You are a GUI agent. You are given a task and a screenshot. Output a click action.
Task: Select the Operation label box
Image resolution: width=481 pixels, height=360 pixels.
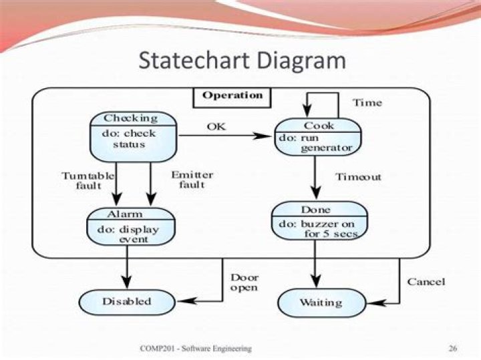[x=232, y=96]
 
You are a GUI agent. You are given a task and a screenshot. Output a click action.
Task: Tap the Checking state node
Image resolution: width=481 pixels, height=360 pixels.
[x=134, y=136]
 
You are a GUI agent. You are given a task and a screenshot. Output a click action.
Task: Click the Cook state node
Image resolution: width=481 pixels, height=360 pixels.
[x=318, y=136]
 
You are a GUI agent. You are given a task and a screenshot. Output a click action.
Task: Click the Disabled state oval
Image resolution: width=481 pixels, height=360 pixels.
[x=126, y=301]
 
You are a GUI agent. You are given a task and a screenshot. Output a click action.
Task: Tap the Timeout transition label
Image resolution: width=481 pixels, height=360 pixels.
[x=358, y=177]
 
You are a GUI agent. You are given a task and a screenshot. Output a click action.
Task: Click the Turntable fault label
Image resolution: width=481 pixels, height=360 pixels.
[x=88, y=180]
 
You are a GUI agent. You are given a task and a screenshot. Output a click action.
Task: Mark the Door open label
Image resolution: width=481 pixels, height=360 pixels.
[x=245, y=283]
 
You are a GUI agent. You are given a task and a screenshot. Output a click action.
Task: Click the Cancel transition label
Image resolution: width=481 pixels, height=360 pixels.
[x=426, y=282]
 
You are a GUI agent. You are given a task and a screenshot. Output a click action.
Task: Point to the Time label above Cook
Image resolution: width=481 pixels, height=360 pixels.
[x=367, y=102]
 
